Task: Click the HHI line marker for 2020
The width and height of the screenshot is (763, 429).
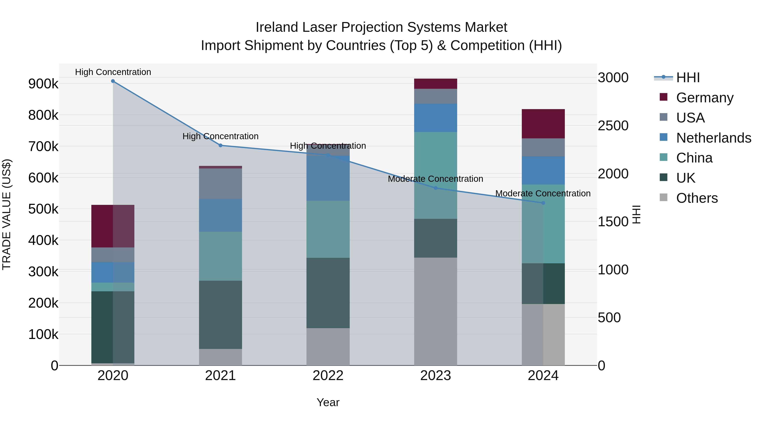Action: [113, 81]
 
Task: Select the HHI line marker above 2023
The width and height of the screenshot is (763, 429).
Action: [435, 188]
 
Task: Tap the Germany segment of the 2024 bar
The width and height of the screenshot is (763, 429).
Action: [543, 124]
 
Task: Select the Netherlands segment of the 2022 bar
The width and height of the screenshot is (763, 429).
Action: [328, 178]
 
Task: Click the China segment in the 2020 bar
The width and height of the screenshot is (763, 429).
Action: [113, 287]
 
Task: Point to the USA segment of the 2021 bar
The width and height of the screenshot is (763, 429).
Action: [220, 183]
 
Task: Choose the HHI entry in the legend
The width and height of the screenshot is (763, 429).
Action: [688, 78]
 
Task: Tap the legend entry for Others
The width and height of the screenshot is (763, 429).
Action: [697, 198]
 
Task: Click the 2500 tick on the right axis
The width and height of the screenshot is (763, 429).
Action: [613, 126]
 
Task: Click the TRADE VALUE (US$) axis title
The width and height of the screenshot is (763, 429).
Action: [7, 214]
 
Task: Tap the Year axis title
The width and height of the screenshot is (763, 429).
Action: [328, 402]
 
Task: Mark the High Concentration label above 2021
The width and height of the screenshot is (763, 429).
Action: [220, 136]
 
